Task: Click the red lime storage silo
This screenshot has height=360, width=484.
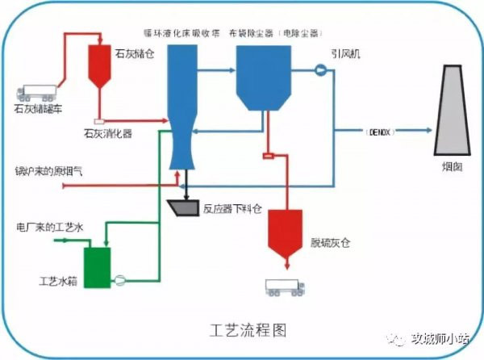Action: (100, 64)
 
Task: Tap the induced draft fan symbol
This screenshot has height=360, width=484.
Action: (319, 70)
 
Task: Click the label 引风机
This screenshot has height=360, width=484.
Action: (344, 53)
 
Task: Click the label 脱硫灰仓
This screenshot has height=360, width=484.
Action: (329, 242)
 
